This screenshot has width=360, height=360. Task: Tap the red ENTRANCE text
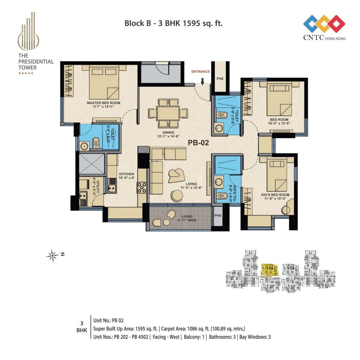200,71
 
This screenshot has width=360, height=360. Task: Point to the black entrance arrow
202,82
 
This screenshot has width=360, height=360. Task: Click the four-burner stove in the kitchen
142,187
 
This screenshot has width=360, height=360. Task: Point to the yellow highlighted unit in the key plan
270,270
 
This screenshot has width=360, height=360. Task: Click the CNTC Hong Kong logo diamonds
324,24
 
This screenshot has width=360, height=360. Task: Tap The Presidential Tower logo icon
30,31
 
